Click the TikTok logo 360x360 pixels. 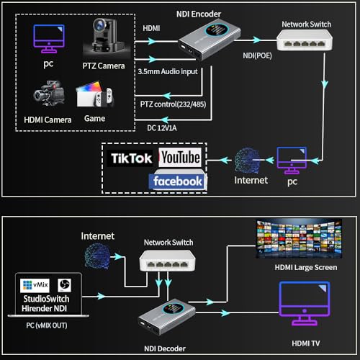tap(130, 158)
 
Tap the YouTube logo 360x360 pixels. tap(180, 158)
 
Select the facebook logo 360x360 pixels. tap(178, 181)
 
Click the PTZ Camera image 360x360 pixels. tap(106, 36)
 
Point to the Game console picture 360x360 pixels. tap(95, 94)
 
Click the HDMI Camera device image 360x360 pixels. tap(49, 93)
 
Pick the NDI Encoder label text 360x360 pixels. tap(199, 14)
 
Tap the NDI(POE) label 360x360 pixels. tap(257, 55)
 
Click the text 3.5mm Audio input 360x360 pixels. tap(168, 71)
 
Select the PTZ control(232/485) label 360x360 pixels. tap(173, 104)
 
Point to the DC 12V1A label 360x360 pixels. tap(162, 128)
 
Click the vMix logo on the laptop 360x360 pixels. tap(35, 285)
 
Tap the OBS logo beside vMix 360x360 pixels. tap(64, 285)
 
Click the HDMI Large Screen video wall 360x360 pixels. tap(299, 239)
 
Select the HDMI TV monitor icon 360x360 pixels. tap(305, 304)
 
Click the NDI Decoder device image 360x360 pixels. tap(167, 317)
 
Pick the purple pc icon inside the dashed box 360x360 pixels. tap(49, 38)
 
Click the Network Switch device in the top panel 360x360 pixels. tap(305, 40)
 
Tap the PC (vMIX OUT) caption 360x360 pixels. tap(47, 325)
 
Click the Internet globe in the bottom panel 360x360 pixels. tap(97, 256)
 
